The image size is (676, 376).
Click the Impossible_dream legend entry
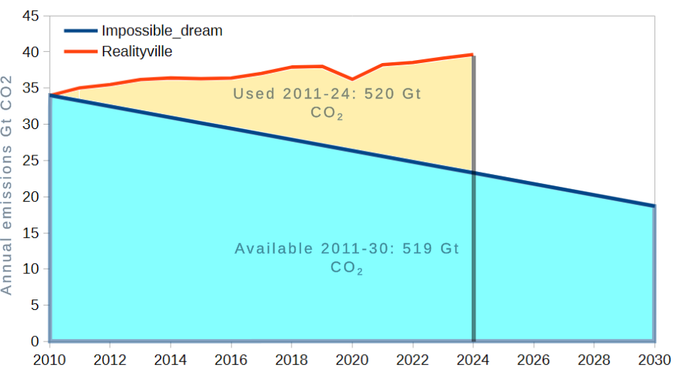click(161, 31)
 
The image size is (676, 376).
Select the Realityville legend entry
click(137, 51)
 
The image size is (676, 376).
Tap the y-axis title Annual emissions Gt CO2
click(7, 184)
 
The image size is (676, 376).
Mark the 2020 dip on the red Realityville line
click(352, 79)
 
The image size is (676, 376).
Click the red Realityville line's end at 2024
click(472, 54)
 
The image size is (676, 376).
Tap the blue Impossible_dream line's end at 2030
click(653, 206)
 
